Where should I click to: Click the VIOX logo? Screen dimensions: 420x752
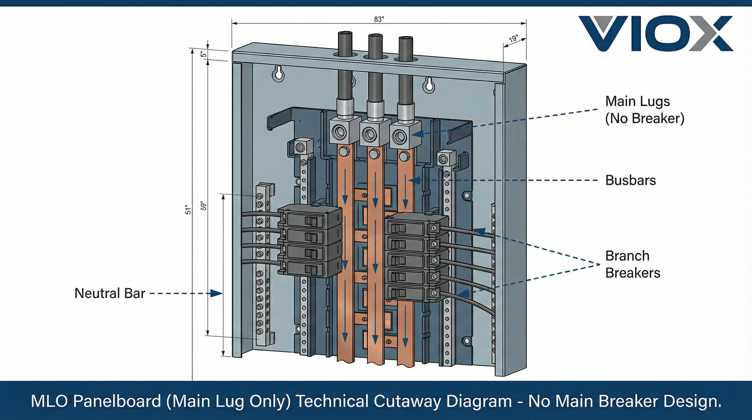655,34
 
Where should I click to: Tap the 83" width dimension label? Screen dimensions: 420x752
379,19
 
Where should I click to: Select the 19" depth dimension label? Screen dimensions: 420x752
513,39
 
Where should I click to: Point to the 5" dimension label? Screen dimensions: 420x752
204,54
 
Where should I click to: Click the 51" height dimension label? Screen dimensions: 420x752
188,210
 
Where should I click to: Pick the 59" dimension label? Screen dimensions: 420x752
204,206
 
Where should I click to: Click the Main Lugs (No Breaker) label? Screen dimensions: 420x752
645,110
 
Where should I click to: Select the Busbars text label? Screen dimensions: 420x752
631,180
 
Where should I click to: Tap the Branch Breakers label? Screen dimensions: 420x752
632,264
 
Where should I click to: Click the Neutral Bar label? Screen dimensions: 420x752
110,293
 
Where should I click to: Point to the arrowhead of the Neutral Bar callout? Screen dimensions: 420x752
217,293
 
